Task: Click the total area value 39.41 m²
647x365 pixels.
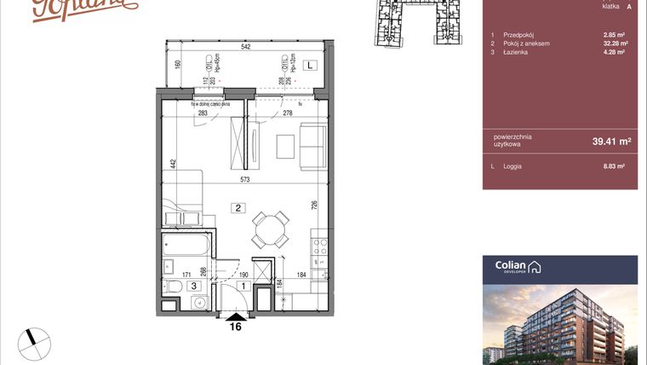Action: coord(611,142)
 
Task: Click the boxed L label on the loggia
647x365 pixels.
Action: coord(311,65)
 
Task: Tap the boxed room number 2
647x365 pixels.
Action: coord(240,206)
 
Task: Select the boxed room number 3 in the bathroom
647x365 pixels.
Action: coord(193,287)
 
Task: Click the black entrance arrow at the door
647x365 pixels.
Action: coord(237,316)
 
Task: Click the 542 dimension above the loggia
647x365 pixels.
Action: coord(245,48)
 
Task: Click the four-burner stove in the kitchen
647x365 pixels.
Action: coord(321,247)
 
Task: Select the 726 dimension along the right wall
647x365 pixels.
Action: coord(315,205)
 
